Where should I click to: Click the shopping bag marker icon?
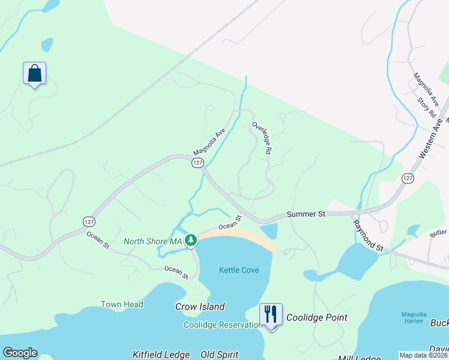(35, 74)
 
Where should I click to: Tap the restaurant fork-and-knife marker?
(271, 314)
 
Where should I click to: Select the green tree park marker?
(191, 241)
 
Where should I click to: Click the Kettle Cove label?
(239, 270)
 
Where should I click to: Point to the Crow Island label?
(200, 307)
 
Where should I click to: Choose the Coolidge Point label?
(316, 317)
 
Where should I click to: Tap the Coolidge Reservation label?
(222, 325)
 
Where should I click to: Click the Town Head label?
(122, 304)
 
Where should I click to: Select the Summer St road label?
(306, 214)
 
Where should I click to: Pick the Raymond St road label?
(369, 235)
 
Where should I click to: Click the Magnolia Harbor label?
(414, 319)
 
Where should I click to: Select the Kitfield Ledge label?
(161, 355)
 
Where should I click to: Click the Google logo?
(20, 353)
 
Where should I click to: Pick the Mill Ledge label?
(360, 358)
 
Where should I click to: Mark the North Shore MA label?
(152, 241)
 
